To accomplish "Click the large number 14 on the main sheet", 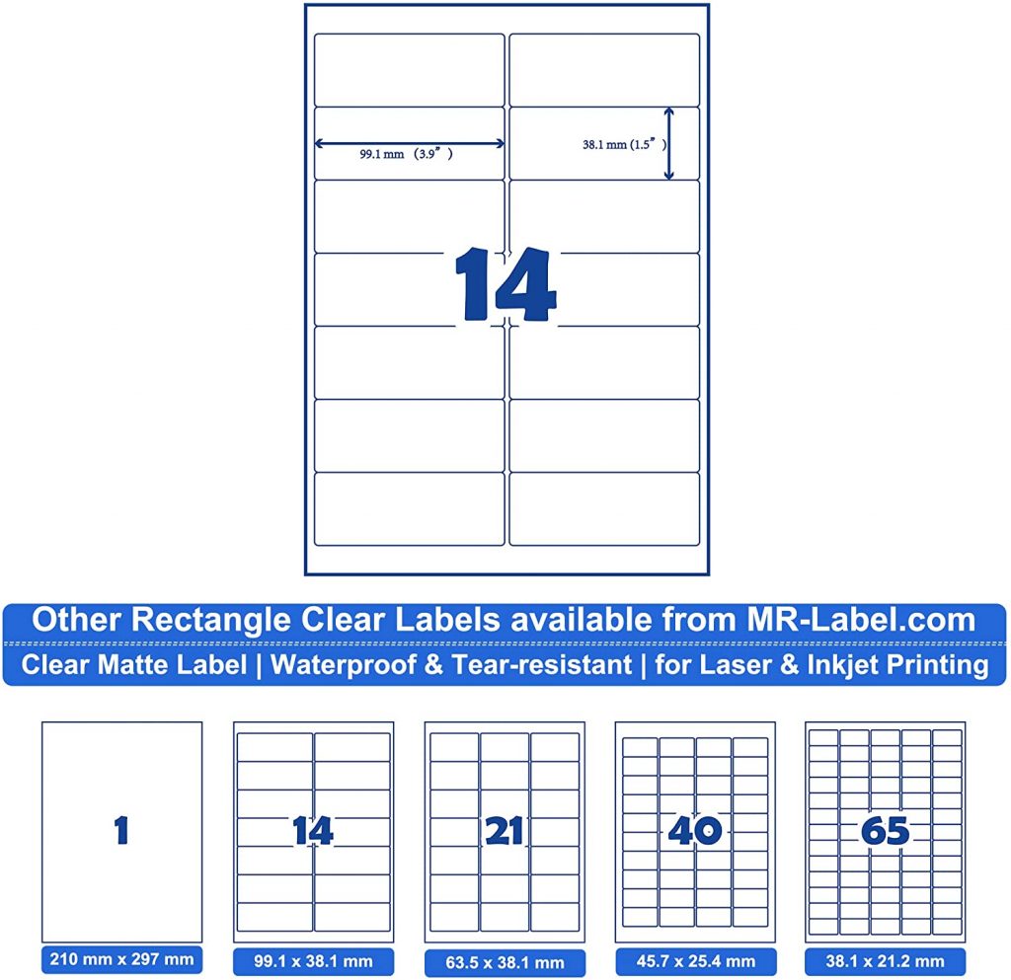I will pyautogui.click(x=505, y=285).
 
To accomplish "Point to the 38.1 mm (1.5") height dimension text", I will pyautogui.click(x=619, y=143).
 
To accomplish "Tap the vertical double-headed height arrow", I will pyautogui.click(x=668, y=143).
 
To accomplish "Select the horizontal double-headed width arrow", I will pyautogui.click(x=409, y=143).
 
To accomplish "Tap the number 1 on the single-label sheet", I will pyautogui.click(x=121, y=831).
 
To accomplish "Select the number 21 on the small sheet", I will pyautogui.click(x=505, y=832).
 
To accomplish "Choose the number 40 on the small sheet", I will pyautogui.click(x=694, y=831).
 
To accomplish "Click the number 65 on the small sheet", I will pyautogui.click(x=885, y=831).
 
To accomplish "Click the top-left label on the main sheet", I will pyautogui.click(x=409, y=69).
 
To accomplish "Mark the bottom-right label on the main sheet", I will pyautogui.click(x=604, y=508).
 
